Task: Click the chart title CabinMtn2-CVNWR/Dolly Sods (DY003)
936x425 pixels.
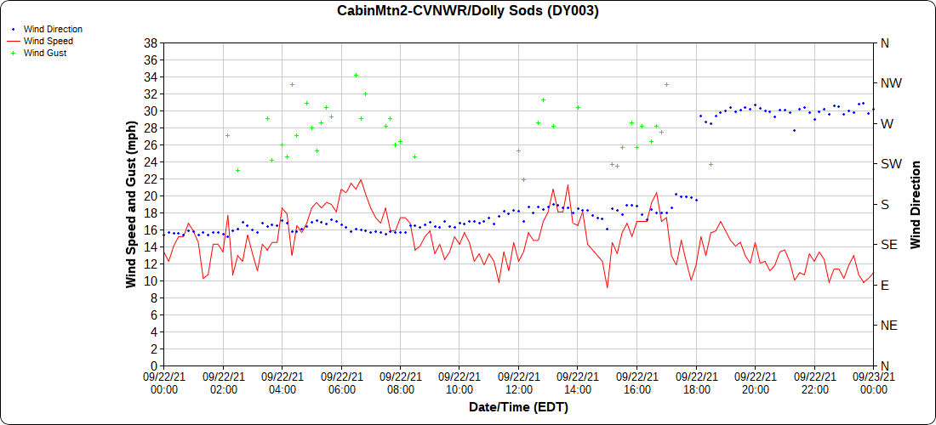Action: click(x=468, y=11)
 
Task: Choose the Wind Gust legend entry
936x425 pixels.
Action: click(x=45, y=53)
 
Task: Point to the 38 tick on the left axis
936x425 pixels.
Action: click(x=151, y=43)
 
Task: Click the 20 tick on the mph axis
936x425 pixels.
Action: click(x=151, y=195)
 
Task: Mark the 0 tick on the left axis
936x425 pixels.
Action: click(x=154, y=365)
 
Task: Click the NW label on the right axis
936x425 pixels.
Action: click(x=891, y=83)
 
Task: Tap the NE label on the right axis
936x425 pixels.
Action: click(x=888, y=325)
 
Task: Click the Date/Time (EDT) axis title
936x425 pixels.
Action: click(x=518, y=407)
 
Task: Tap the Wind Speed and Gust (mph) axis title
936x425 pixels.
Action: click(x=131, y=204)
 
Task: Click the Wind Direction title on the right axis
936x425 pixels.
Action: click(x=916, y=204)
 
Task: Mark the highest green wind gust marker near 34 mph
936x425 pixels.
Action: click(x=357, y=76)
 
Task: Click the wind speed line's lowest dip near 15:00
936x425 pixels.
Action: click(x=607, y=287)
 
